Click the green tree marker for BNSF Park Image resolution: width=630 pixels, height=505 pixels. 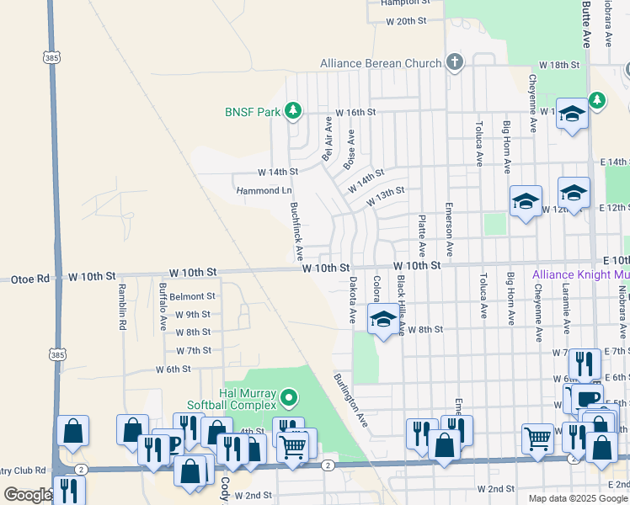tap(292, 110)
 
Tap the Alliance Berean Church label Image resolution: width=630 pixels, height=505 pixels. tap(381, 63)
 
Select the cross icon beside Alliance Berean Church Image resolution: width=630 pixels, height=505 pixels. tap(455, 62)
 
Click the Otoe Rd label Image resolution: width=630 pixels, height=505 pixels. tap(23, 277)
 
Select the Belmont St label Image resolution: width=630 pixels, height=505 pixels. tap(192, 296)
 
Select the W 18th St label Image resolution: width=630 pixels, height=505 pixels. tap(559, 65)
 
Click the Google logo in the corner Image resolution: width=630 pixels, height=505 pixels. tap(28, 495)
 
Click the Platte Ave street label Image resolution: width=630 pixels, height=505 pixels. tap(421, 237)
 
